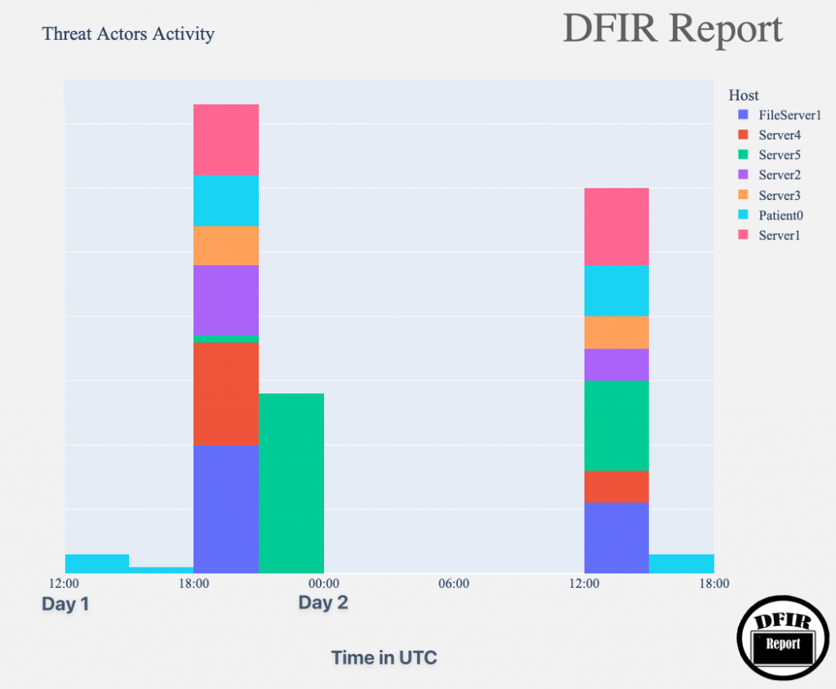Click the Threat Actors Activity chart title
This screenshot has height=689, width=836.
click(128, 34)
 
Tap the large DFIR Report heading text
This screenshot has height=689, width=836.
click(672, 29)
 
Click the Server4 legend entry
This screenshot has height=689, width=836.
click(779, 135)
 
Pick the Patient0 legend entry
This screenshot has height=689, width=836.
click(780, 216)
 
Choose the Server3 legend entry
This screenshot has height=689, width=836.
click(779, 195)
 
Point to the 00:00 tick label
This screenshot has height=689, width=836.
click(323, 584)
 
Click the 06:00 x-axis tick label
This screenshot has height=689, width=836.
click(453, 584)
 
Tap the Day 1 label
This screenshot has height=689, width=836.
click(65, 604)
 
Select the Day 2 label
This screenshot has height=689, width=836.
click(322, 603)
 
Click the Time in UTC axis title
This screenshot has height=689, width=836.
click(384, 657)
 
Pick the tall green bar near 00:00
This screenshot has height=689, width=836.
click(291, 482)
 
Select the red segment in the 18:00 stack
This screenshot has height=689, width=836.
click(226, 393)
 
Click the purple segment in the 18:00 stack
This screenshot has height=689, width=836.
click(226, 300)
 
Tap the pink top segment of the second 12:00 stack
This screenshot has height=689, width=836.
click(616, 226)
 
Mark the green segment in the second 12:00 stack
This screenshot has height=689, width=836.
click(616, 425)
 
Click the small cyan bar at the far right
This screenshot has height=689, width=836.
click(681, 563)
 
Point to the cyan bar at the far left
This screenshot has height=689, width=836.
click(96, 563)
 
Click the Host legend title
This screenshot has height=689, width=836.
click(744, 96)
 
